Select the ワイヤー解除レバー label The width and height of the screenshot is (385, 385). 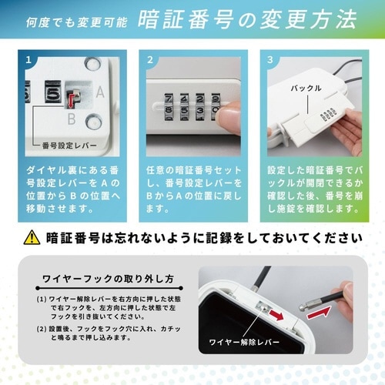coord(244,360)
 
